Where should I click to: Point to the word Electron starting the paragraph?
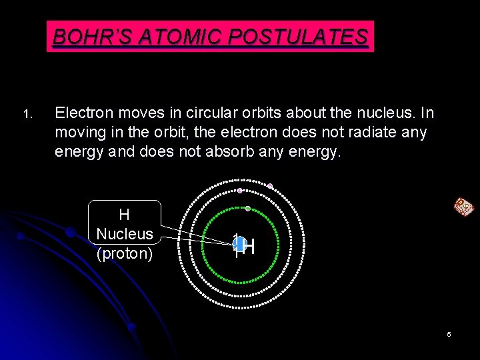[83, 113]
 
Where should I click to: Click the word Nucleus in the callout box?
[125, 234]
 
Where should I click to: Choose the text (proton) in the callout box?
[125, 253]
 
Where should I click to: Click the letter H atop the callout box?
[124, 215]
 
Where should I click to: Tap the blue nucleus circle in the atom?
[237, 244]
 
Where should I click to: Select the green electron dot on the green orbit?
[248, 209]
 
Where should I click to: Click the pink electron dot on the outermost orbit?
[270, 186]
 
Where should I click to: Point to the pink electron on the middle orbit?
[240, 191]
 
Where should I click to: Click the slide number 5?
[449, 334]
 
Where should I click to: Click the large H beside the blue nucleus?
[249, 247]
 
